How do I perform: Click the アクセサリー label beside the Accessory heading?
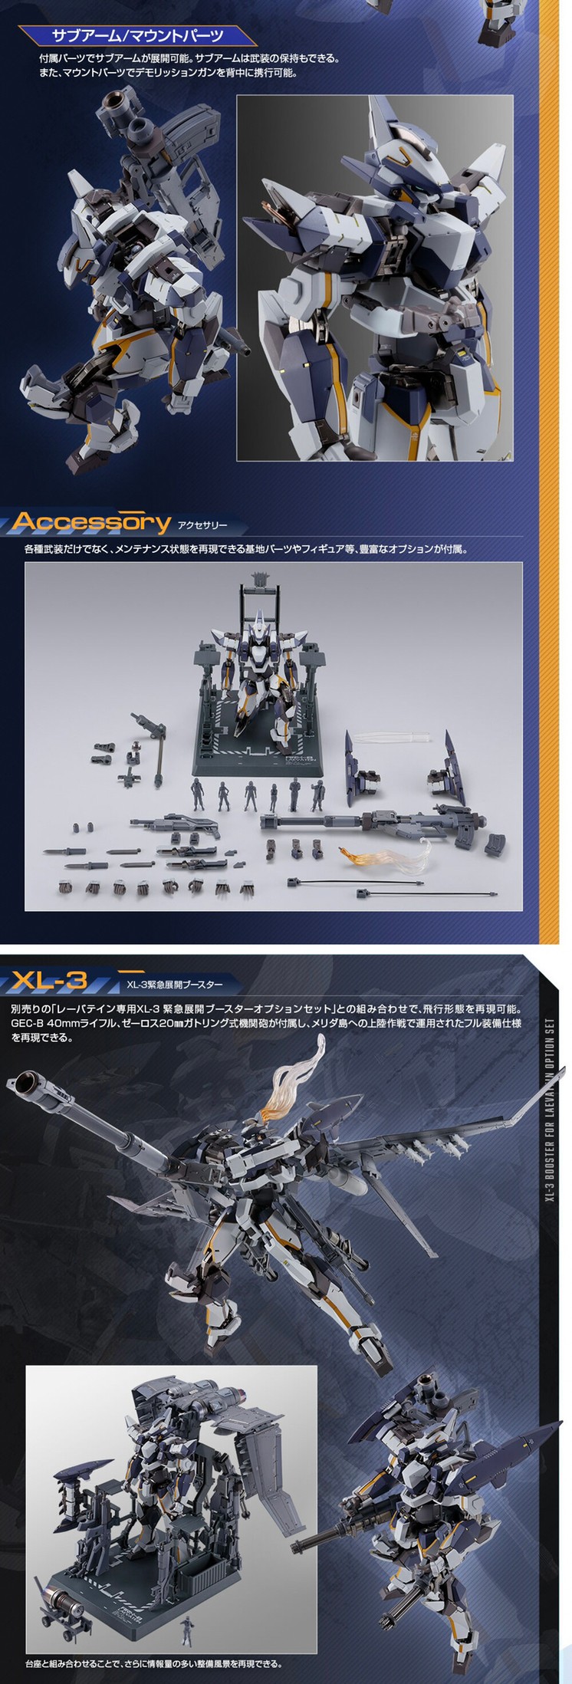click(x=202, y=525)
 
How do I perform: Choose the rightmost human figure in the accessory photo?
click(x=317, y=795)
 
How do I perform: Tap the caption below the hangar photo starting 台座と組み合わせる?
click(x=153, y=1663)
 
